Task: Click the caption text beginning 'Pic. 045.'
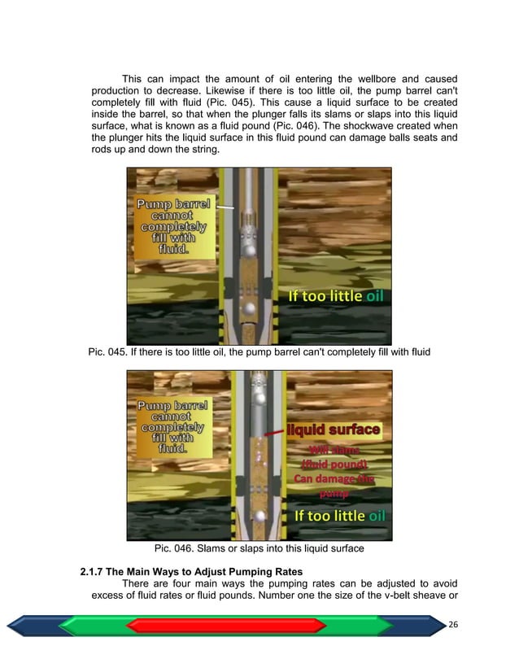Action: [259, 351]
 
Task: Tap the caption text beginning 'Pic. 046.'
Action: [259, 548]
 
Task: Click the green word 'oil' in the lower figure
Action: [377, 516]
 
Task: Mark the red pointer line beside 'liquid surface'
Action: [273, 432]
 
